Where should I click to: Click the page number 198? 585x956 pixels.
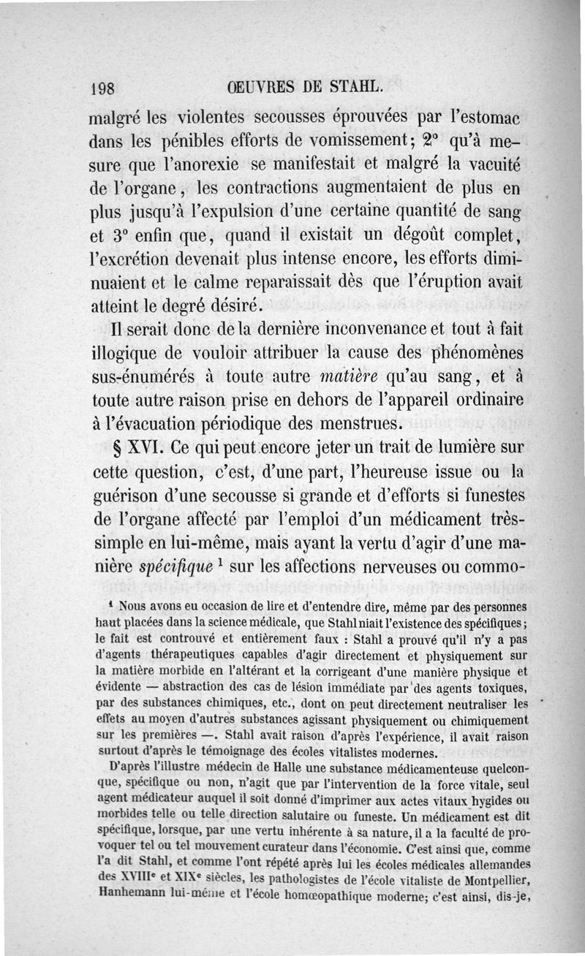[x=102, y=89]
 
